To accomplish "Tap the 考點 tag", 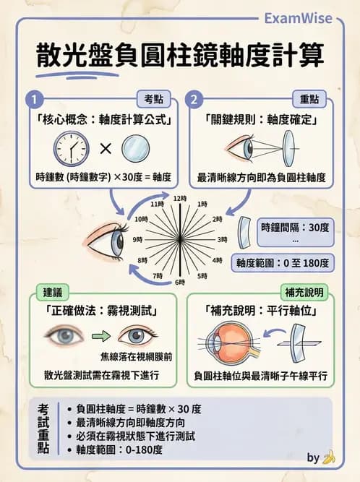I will coord(154,100).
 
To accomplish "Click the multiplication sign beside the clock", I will coord(106,149).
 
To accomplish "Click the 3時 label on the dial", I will coord(223,238).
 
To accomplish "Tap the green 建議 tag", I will coord(52,293).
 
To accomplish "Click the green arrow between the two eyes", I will coord(98,337).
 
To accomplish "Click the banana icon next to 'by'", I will coord(330,457).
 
